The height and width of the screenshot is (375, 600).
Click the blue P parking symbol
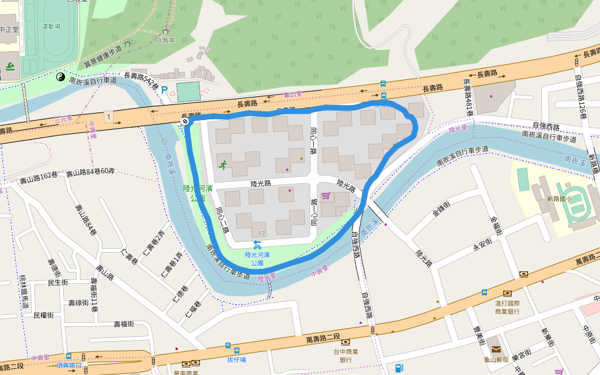[165, 91]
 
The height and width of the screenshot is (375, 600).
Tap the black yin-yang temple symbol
[61, 77]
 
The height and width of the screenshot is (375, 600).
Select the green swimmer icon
[10, 67]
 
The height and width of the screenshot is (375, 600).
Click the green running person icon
[222, 165]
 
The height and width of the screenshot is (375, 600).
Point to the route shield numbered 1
[109, 117]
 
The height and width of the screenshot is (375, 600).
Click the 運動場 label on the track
[51, 27]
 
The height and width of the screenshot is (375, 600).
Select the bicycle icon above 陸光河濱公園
[257, 244]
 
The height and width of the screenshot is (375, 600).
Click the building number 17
[262, 233]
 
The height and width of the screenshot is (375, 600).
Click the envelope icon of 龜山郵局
[496, 349]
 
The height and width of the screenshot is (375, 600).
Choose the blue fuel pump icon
[399, 367]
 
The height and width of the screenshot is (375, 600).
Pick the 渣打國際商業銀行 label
[507, 306]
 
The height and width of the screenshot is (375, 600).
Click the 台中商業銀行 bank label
[346, 354]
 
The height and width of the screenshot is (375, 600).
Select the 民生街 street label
[57, 282]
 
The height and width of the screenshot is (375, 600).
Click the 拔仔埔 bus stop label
[236, 359]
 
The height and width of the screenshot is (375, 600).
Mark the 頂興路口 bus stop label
[69, 364]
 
